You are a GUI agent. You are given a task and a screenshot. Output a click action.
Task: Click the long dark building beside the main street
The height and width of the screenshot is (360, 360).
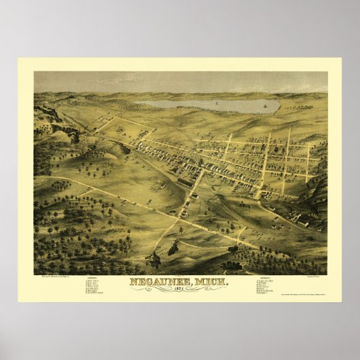185,181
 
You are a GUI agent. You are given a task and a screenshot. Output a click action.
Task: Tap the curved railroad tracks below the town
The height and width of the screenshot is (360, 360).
224,204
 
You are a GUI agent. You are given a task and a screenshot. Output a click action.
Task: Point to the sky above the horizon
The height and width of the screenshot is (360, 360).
180,82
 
